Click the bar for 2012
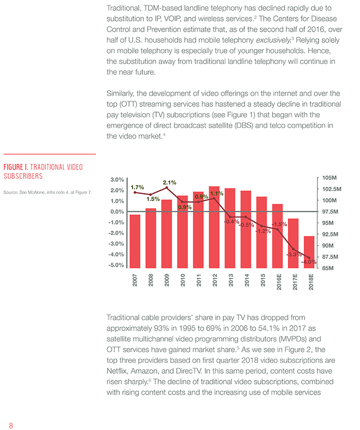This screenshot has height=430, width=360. point(214,227)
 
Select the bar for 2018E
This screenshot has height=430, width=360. point(309,252)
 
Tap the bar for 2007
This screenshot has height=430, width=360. point(135,241)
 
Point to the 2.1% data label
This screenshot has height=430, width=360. point(170,183)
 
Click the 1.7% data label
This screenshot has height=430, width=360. point(137,187)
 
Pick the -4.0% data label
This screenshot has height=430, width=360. point(309,262)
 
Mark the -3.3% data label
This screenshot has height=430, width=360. point(294,254)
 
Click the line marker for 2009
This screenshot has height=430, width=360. point(166,188)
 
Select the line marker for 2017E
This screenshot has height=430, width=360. point(293,249)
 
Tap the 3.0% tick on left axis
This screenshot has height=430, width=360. point(117,180)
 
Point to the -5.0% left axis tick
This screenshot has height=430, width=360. point(116,265)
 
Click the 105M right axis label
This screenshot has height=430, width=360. point(330,178)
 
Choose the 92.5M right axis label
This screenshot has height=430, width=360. point(330,234)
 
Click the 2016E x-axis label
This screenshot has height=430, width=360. point(279,282)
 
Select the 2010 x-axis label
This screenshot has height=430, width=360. point(183,280)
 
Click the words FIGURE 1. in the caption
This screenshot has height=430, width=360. point(16,167)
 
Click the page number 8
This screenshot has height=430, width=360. point(11,425)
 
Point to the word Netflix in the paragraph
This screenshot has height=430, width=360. point(117,371)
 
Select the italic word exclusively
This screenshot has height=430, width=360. point(273,40)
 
